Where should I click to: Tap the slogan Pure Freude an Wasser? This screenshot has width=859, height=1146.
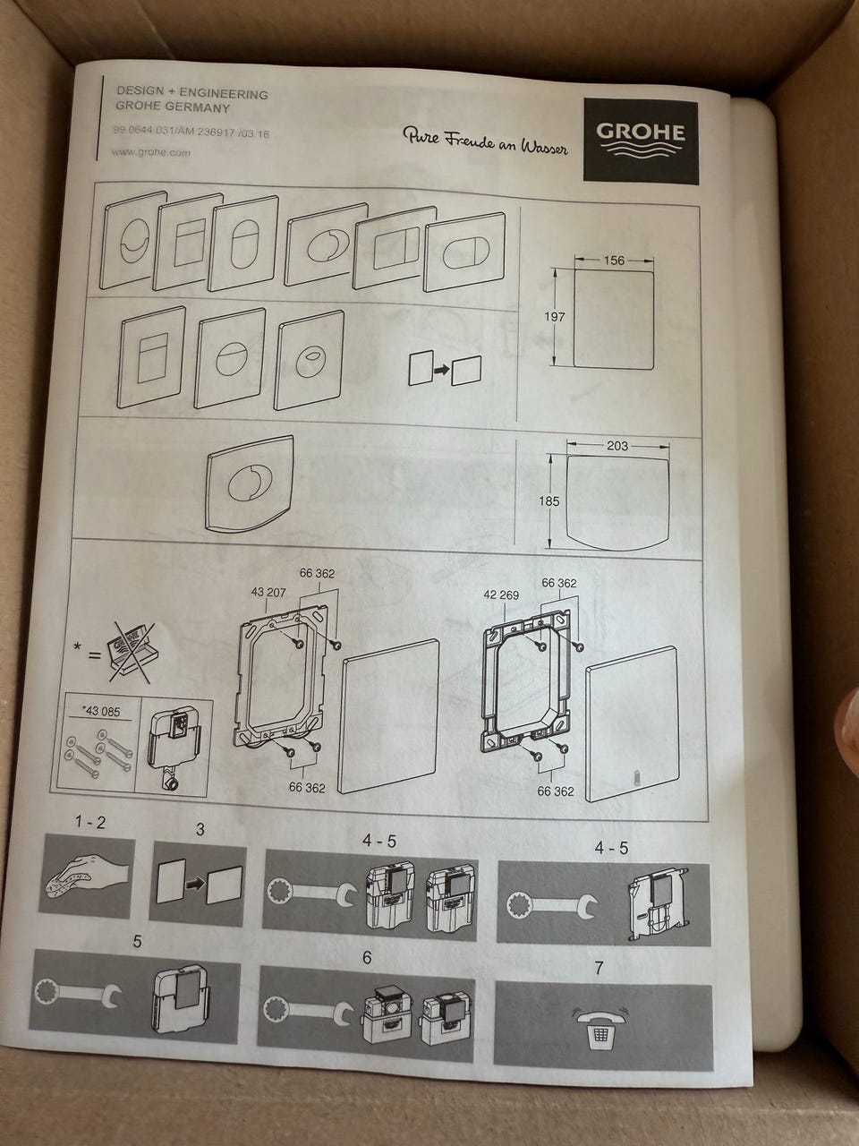pos(485,140)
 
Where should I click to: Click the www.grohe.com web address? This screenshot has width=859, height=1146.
pos(150,152)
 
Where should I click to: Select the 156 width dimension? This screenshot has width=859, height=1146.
pos(614,260)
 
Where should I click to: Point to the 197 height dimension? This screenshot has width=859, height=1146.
pos(555,316)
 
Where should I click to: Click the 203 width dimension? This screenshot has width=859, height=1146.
pos(617,446)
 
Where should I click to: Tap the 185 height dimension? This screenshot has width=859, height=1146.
pos(549,501)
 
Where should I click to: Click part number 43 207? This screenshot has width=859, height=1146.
pos(268,592)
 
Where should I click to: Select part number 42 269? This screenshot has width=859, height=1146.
pos(501,594)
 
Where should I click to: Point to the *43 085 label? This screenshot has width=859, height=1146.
pos(101,711)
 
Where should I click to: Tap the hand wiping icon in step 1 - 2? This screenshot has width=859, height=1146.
pos(87,875)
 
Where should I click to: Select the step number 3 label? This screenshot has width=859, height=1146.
pos(200,830)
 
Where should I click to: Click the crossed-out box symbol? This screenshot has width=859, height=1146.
pos(131,653)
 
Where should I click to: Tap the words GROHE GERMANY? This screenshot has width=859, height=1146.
pos(173,108)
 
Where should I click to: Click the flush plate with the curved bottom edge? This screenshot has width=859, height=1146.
pos(250,483)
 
